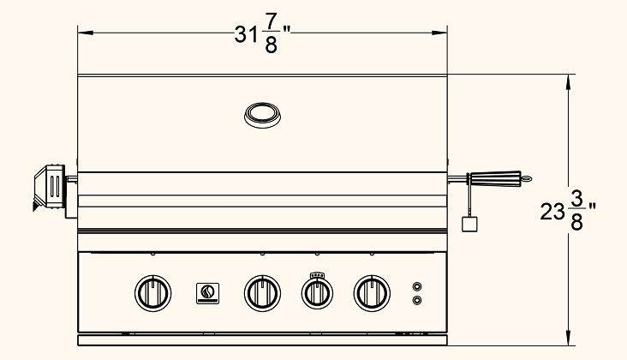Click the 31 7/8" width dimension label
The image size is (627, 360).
pos(262,34)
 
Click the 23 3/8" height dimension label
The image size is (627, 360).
pos(568,210)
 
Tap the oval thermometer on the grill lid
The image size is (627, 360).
pos(262,115)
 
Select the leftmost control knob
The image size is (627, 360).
pos(152,293)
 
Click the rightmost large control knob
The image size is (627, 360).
pos(372,293)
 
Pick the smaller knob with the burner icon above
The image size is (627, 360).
pos(317,294)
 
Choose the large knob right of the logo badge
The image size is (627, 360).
pos(262,293)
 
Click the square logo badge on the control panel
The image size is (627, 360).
pos(207,293)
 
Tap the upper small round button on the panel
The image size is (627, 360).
pos(416,286)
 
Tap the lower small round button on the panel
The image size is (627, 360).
pos(416,300)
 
